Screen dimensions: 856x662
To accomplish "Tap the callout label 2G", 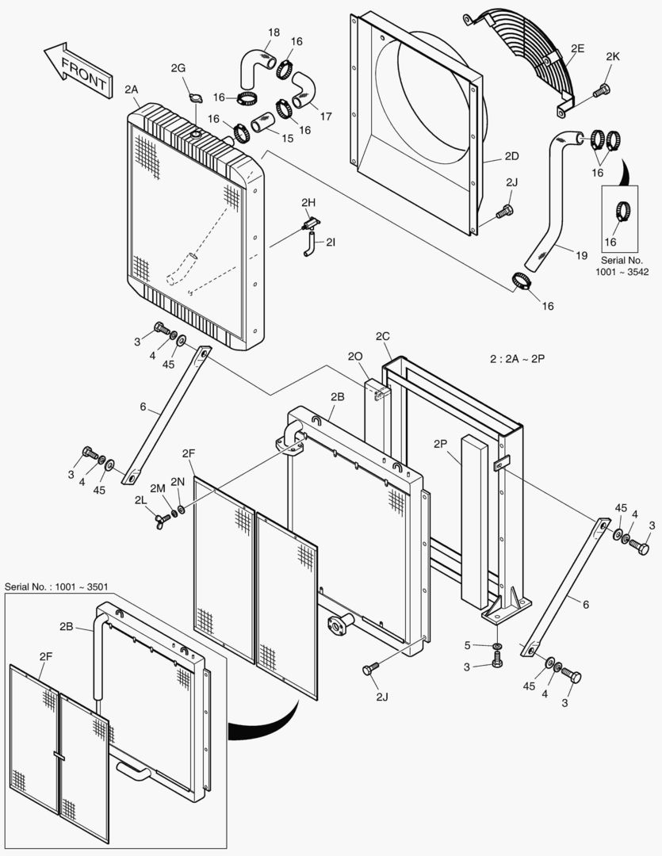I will (178, 69).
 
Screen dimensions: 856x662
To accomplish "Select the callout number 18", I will (274, 32).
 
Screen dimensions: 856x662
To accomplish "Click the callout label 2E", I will (577, 49).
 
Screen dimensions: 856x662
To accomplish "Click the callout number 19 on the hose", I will (581, 255).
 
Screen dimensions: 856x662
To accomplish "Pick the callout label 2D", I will (511, 156).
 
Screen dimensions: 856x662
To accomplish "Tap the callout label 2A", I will (132, 90).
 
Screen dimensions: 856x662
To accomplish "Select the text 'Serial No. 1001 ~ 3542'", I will (622, 266).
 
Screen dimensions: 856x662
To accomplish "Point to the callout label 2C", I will (383, 336).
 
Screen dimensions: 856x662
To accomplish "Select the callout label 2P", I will (441, 445).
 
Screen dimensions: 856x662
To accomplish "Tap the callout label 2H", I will (309, 204).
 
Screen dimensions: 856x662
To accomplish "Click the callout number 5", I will (468, 645).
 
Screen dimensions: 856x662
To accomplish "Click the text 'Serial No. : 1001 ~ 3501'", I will (56, 587).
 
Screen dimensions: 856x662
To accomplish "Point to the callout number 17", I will (326, 117).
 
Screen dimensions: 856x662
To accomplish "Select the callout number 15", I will (287, 138).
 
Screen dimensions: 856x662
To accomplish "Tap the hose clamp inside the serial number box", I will (622, 211).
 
